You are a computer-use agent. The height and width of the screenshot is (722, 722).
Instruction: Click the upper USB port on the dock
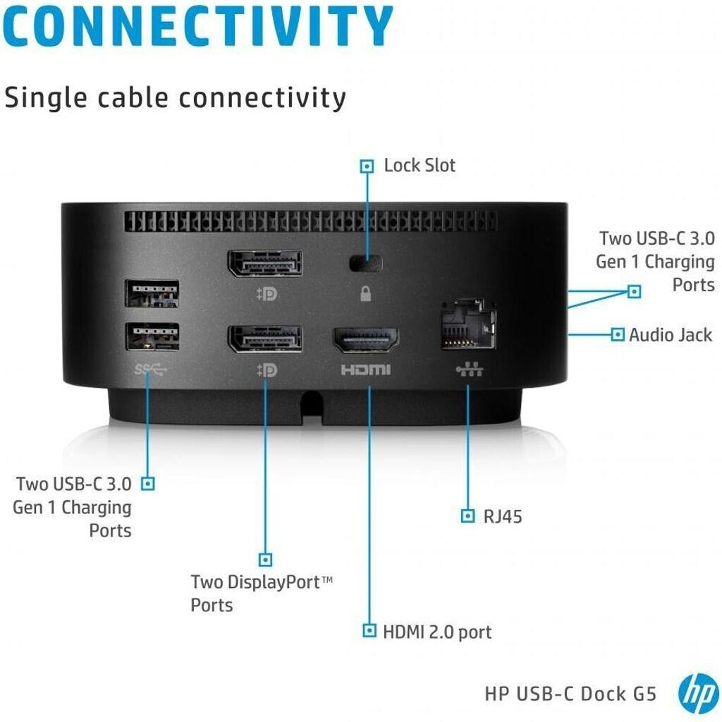(152, 293)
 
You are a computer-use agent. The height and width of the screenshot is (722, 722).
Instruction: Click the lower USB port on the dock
(152, 336)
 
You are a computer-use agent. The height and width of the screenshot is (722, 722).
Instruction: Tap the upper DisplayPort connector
(265, 264)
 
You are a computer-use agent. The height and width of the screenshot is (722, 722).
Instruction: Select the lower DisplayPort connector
(265, 339)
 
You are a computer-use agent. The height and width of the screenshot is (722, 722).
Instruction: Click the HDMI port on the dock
(366, 340)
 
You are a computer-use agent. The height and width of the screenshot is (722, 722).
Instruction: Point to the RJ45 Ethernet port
(468, 324)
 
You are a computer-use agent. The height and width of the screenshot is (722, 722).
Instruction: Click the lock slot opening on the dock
(366, 264)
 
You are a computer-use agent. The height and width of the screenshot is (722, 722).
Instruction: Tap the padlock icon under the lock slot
(366, 293)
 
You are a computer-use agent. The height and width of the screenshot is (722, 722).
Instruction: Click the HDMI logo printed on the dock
(366, 369)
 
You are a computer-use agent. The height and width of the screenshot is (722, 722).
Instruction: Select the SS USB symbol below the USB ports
(151, 369)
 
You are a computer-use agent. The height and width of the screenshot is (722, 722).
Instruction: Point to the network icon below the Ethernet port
(469, 369)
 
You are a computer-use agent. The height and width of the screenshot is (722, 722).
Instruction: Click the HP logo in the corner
(698, 694)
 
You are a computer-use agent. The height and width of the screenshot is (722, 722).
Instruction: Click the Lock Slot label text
(420, 165)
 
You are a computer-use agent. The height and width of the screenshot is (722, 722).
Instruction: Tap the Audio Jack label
(671, 335)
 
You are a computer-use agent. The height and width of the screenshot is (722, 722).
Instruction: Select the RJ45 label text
(502, 517)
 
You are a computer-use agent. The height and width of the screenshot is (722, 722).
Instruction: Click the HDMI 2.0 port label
(437, 632)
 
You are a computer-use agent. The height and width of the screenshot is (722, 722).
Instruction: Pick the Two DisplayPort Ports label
(262, 594)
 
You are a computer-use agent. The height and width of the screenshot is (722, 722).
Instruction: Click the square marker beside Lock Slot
(367, 166)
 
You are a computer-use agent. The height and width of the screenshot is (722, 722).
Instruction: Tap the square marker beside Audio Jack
(618, 334)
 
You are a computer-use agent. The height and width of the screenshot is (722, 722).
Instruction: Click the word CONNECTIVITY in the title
(197, 26)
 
